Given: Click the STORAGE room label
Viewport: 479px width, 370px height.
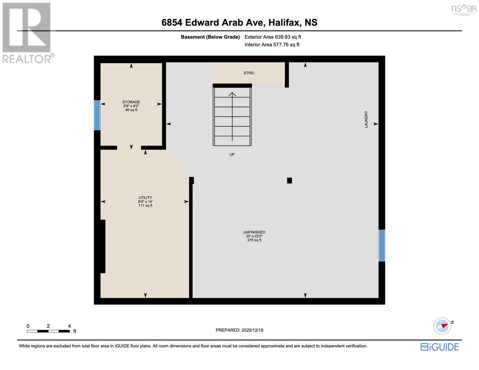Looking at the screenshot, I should (x=131, y=102).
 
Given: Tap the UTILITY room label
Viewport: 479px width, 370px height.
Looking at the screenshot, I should (x=145, y=198).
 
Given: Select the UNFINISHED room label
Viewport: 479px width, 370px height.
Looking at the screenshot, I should (x=254, y=232).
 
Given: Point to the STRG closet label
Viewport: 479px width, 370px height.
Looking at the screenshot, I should (x=249, y=73).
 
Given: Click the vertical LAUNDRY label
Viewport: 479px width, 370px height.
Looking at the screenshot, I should (x=366, y=119).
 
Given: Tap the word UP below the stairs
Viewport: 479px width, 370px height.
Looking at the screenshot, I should (x=232, y=154).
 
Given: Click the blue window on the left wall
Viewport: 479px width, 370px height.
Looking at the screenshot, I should (x=97, y=115).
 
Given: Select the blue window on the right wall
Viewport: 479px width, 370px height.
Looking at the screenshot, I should (x=382, y=245).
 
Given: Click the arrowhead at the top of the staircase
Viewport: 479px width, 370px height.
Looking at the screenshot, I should (x=232, y=94).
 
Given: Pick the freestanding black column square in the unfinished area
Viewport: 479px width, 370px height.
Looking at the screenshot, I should (x=289, y=181).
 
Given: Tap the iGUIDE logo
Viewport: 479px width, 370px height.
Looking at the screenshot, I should (x=440, y=347).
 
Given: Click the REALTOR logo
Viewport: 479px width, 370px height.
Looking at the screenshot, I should (x=27, y=32).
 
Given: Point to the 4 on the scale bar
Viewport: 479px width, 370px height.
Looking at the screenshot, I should (x=69, y=326).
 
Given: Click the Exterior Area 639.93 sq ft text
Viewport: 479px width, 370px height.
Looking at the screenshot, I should (x=273, y=37).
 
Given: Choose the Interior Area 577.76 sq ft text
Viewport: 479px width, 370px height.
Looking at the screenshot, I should (x=272, y=45).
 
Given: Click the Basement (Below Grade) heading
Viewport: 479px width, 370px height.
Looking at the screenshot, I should (x=210, y=37).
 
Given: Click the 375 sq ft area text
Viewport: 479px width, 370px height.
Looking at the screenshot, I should (x=254, y=240).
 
